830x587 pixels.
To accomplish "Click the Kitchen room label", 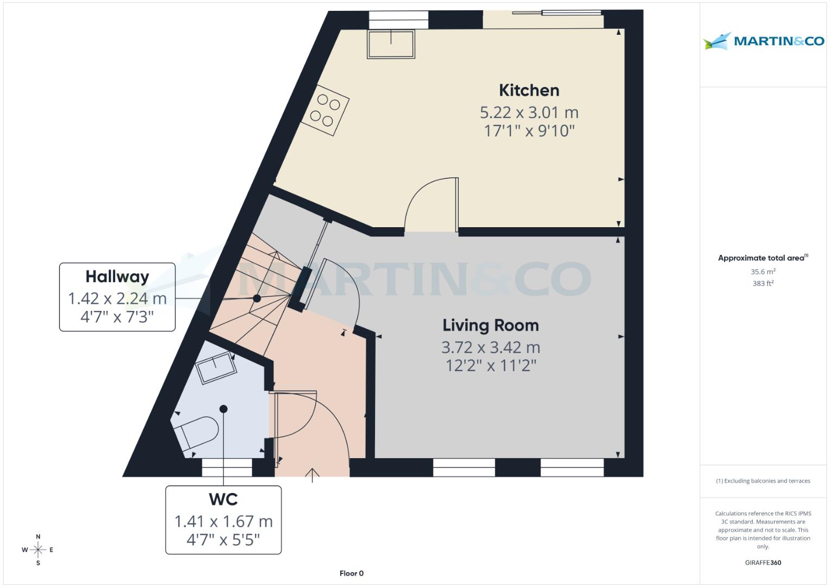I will pos(529,90).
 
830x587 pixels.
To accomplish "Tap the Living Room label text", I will pos(490,326).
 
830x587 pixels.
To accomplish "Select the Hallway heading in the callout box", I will pos(117,277).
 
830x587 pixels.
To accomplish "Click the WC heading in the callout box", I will pos(223,499).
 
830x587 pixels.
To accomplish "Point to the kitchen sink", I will pos(391,44).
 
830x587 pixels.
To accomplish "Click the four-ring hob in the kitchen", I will pos(325,110).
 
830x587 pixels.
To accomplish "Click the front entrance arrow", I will pos(313,475).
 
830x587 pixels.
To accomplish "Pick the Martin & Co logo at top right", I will pos(763,41).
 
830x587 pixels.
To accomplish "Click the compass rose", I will pos(38,550).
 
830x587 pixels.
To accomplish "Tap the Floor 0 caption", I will pos(351,573).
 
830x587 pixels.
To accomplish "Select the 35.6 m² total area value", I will pos(763,272).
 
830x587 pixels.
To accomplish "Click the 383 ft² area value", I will pos(763,283).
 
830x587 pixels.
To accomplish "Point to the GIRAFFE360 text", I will pos(763,563).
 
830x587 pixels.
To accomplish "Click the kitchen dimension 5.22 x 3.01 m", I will pos(529,113).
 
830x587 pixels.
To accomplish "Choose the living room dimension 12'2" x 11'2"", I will pos(490,365).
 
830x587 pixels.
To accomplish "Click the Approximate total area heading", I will pos(762,258).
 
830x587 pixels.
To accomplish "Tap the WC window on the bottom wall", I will pos(227,467).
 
